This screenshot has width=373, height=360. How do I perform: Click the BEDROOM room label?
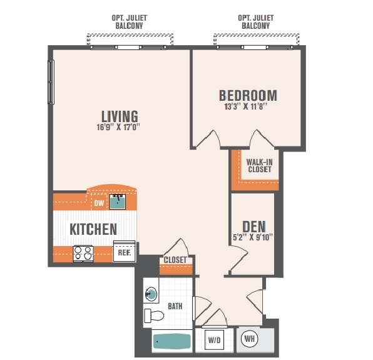(x=248, y=96)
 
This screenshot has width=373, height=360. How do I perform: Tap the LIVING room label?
(x=120, y=116)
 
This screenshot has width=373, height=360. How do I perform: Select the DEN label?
(x=254, y=227)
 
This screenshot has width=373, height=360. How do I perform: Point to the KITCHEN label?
(x=93, y=229)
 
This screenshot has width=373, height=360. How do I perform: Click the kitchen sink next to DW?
(x=118, y=202)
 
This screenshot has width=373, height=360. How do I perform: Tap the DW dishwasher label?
(x=99, y=203)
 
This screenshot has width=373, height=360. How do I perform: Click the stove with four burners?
(x=83, y=254)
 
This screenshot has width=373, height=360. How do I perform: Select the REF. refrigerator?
(x=125, y=251)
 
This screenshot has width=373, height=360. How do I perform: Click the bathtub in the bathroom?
(x=171, y=341)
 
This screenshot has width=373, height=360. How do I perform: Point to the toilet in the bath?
(x=154, y=316)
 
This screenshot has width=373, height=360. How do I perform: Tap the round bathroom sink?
(x=151, y=294)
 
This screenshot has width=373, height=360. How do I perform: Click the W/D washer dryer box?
(x=214, y=340)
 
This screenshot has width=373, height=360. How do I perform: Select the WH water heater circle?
(x=250, y=339)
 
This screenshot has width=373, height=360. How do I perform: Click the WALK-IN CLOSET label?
(x=260, y=166)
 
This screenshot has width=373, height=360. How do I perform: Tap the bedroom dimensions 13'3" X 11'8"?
(x=247, y=106)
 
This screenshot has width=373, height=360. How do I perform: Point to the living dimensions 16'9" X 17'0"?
(x=118, y=127)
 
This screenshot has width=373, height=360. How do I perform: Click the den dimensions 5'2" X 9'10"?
(x=253, y=237)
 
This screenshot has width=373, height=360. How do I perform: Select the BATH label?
(x=175, y=306)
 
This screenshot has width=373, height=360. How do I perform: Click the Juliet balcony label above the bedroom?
(x=256, y=22)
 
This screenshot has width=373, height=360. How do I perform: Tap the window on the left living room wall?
(x=51, y=82)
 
